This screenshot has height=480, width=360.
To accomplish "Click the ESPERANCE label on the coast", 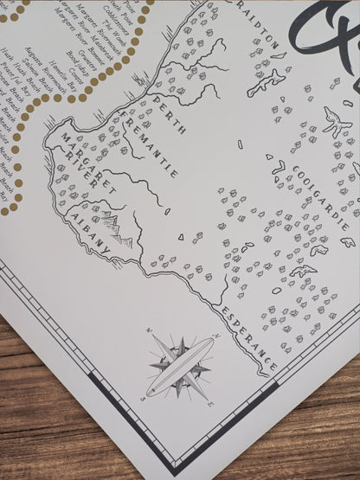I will pos(247,338).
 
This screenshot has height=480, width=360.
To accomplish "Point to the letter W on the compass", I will pos(148,330).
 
